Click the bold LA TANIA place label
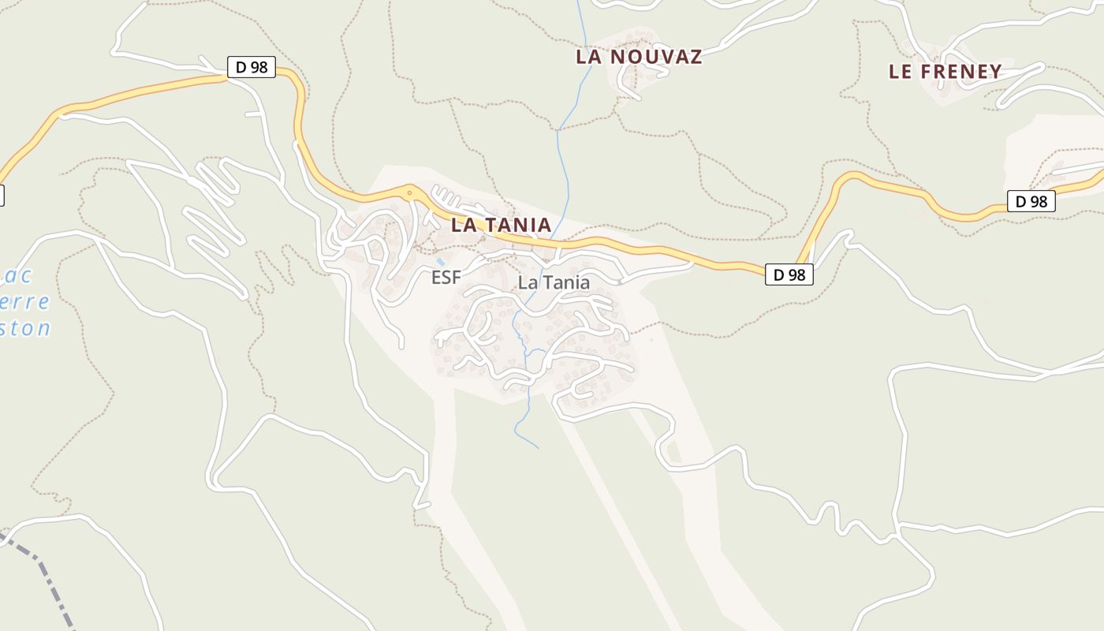pyautogui.click(x=501, y=225)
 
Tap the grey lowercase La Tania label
pyautogui.click(x=554, y=282)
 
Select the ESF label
pyautogui.click(x=446, y=278)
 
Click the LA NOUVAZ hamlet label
pyautogui.click(x=639, y=57)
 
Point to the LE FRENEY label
pyautogui.click(x=945, y=72)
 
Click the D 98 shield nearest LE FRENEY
pyautogui.click(x=1031, y=201)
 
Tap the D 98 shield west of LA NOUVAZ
pyautogui.click(x=252, y=67)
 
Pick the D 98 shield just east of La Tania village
pyautogui.click(x=789, y=274)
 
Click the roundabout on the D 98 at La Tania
pyautogui.click(x=409, y=191)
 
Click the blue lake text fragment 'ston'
pyautogui.click(x=25, y=328)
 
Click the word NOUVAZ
pyautogui.click(x=656, y=57)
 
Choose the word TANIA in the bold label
pyautogui.click(x=517, y=225)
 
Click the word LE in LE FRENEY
pyautogui.click(x=901, y=72)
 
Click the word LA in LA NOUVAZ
pyautogui.click(x=589, y=57)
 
